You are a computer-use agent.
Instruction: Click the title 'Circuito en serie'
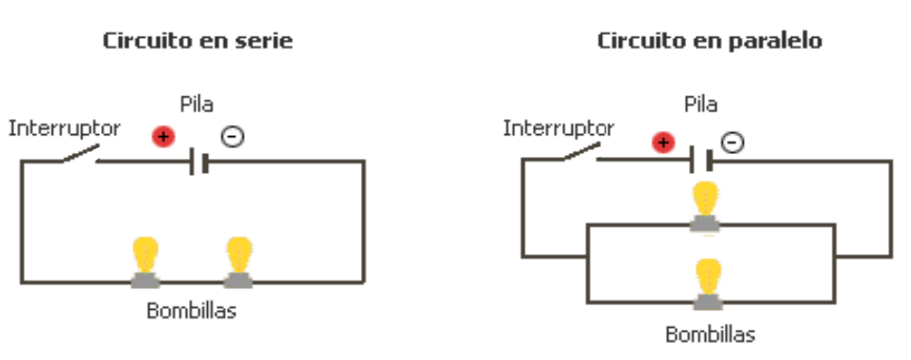click(x=198, y=42)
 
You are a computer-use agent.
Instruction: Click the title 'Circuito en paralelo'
click(x=709, y=42)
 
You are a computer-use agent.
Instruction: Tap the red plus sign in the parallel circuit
click(x=664, y=143)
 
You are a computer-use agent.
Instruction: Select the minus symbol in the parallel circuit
click(x=732, y=143)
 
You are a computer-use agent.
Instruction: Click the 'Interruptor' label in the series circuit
click(x=64, y=128)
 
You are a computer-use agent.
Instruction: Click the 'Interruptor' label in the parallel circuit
click(x=559, y=128)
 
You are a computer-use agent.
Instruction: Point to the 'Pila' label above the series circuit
click(x=197, y=104)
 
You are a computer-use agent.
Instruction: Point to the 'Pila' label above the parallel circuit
click(x=700, y=104)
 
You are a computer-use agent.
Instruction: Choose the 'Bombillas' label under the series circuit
click(x=191, y=311)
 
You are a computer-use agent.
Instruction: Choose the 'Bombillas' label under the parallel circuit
click(x=710, y=334)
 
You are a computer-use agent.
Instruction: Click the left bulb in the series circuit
click(x=145, y=261)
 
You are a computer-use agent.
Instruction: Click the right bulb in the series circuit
click(x=238, y=261)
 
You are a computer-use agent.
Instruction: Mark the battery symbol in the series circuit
click(x=198, y=162)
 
